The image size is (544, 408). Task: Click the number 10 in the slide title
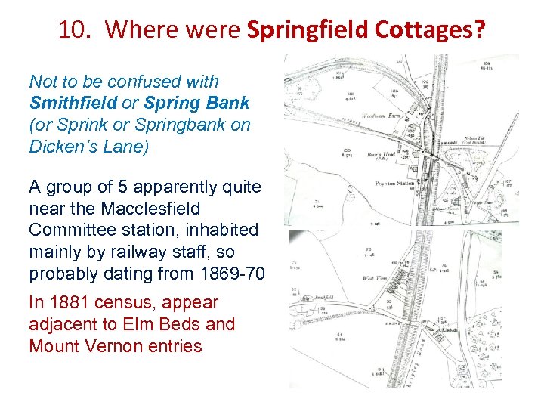click(72, 30)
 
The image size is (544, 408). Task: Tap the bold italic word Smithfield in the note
click(73, 103)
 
